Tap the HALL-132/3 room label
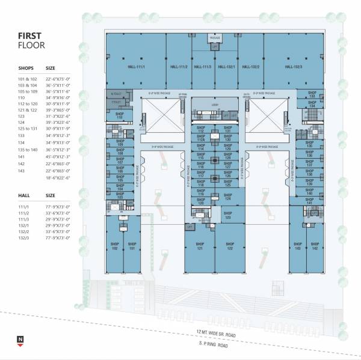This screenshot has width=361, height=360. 293,66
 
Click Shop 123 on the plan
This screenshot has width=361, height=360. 227,215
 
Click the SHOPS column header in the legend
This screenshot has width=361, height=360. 26,68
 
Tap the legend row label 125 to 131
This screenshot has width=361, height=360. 28,129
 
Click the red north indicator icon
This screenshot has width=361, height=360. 21,341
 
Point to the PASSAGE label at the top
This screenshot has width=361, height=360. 215,38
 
